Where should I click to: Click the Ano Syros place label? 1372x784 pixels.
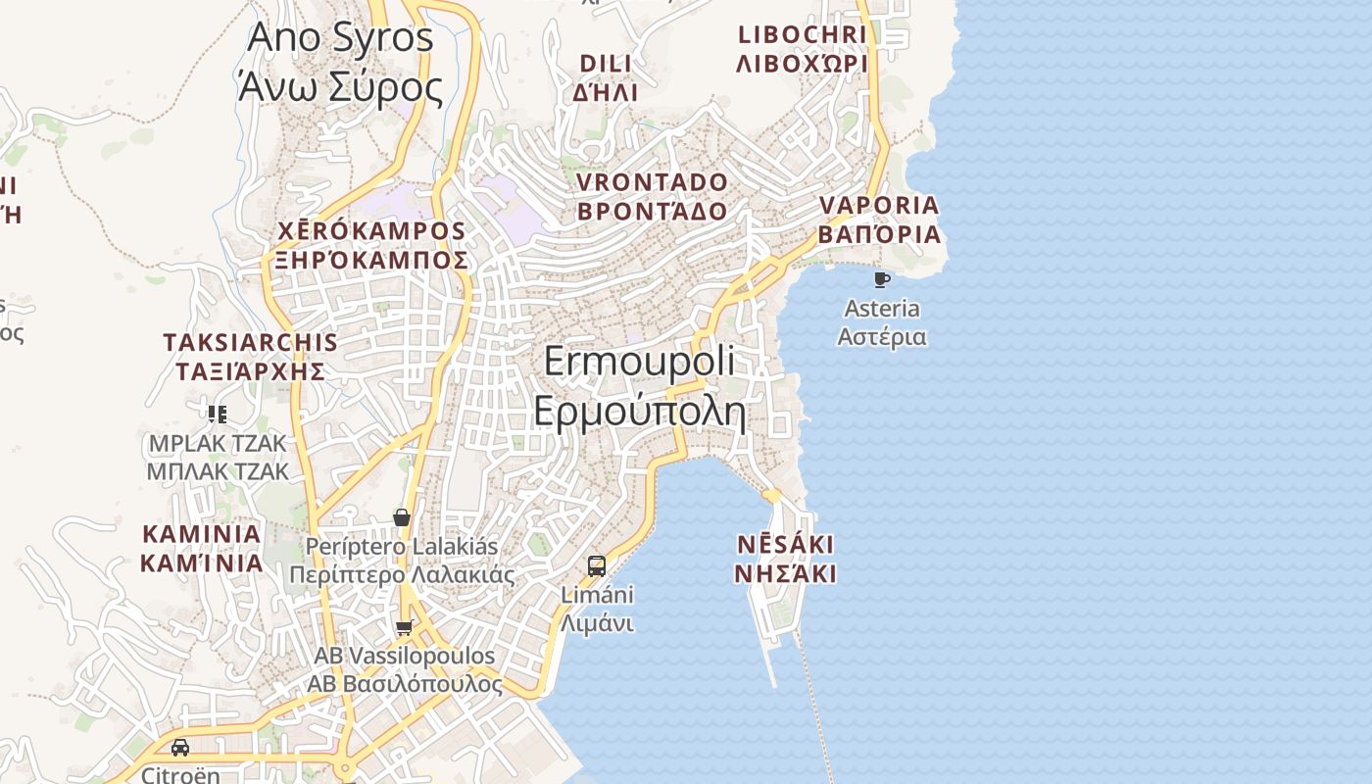click(340, 62)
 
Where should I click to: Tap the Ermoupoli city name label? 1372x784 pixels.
click(639, 386)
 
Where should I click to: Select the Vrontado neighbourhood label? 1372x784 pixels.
click(653, 197)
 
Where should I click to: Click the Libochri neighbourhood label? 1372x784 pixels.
click(802, 49)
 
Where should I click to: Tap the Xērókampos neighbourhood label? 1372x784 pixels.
click(371, 245)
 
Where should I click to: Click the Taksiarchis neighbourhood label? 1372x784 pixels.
click(251, 357)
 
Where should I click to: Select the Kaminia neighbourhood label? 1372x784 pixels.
click(202, 549)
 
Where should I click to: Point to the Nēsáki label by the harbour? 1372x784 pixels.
click(785, 559)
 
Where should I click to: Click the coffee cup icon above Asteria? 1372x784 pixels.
click(882, 280)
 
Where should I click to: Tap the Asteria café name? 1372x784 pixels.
click(882, 322)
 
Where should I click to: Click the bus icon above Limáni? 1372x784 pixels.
click(597, 565)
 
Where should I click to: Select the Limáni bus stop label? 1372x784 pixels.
click(597, 609)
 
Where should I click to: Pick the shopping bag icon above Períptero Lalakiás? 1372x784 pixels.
click(402, 517)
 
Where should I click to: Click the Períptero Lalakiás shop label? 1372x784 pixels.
click(402, 561)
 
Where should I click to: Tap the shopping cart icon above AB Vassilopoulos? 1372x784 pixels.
click(404, 627)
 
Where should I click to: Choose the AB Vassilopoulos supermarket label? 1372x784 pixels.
click(404, 669)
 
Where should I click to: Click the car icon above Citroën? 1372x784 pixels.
click(180, 748)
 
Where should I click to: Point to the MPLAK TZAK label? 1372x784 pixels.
click(218, 458)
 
